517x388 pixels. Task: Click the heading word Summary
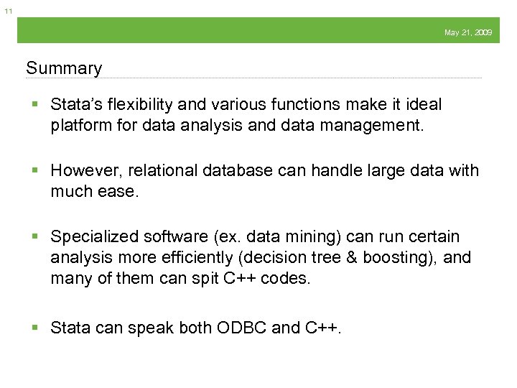64,68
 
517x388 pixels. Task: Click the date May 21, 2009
468,32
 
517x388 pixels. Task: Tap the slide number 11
8,11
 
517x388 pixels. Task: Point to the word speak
149,328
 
